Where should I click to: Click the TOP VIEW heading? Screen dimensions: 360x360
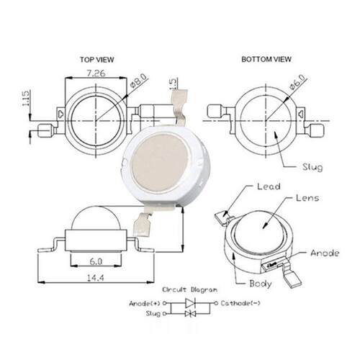96,60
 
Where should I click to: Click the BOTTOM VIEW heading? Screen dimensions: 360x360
266,59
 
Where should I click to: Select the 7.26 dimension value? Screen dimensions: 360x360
96,73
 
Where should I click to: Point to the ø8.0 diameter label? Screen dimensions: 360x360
138,81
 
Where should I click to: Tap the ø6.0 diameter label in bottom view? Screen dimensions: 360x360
297,81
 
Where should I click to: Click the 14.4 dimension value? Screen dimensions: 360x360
96,278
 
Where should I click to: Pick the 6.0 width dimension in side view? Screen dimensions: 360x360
96,261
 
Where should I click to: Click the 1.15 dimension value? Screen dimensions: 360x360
25,98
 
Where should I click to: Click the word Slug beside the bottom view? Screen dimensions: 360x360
312,167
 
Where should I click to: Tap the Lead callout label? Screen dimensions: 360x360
269,186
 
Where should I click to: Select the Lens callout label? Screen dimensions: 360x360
307,198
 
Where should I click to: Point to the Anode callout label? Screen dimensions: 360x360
325,253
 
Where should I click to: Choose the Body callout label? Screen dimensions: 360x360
261,284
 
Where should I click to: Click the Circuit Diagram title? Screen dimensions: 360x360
189,289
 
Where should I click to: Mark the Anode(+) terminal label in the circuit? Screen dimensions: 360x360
145,304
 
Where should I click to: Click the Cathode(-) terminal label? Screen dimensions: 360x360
240,303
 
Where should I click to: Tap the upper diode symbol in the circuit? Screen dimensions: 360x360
190,303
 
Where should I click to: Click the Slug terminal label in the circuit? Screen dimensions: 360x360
153,314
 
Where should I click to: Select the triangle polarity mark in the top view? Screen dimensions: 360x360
60,114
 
